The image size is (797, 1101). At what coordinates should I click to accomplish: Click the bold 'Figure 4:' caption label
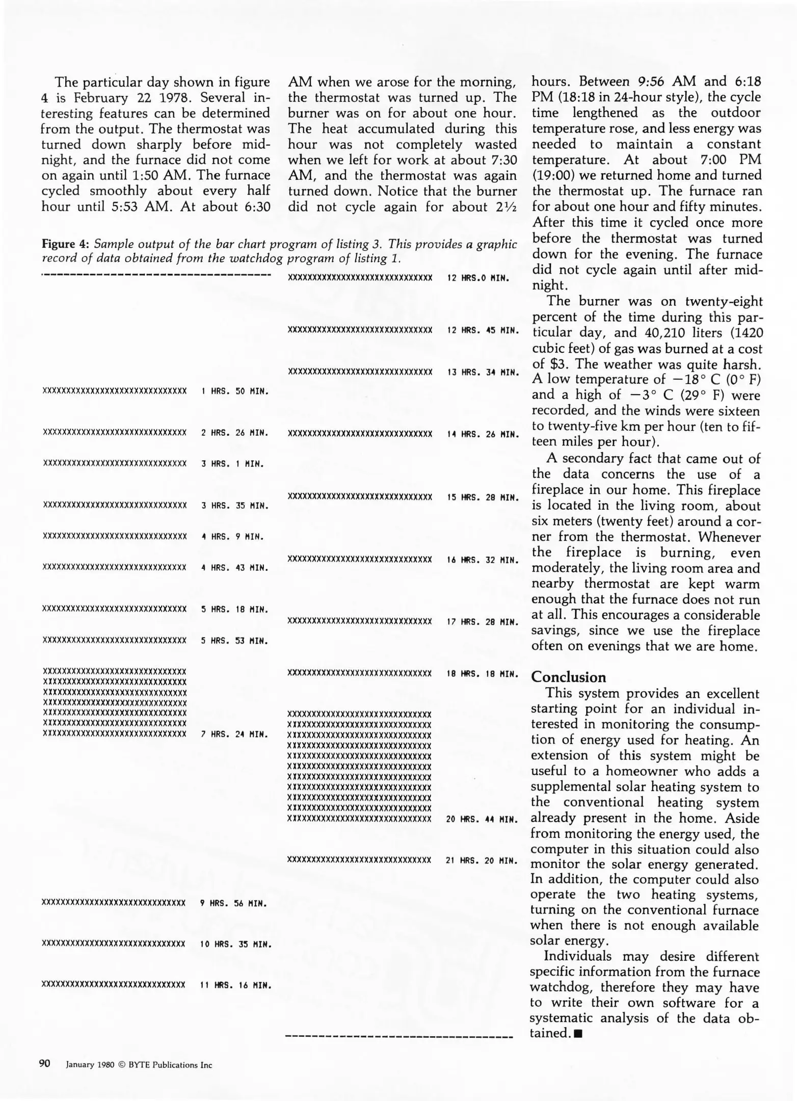[65, 244]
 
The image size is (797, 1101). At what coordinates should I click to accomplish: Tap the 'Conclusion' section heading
[568, 677]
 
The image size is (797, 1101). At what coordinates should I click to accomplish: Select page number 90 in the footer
[45, 1064]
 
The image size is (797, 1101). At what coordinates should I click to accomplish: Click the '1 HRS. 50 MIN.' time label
[234, 391]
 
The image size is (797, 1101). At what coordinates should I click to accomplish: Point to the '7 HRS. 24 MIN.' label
[234, 735]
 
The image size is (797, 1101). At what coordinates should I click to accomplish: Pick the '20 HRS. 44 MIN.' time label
[482, 819]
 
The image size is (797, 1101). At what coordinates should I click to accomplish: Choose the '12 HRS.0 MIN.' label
[478, 278]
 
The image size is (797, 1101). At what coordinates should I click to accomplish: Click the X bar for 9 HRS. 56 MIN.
[113, 903]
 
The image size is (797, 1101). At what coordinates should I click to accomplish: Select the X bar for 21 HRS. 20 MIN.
[359, 860]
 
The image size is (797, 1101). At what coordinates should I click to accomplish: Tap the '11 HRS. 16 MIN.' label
[235, 986]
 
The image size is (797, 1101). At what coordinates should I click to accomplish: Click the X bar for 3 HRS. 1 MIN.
[115, 464]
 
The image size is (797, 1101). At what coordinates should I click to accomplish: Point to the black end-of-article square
[577, 1034]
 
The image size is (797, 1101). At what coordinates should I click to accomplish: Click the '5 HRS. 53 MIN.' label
[234, 641]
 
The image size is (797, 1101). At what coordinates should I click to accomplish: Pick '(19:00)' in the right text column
[553, 175]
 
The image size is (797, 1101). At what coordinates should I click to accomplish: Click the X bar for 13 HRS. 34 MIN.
[360, 372]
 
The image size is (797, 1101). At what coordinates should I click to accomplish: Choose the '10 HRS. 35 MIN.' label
[235, 945]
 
